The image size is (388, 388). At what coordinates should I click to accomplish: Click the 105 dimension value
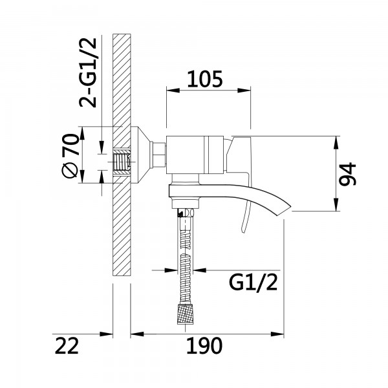pos(205,79)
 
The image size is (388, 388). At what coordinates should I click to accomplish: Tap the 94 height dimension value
pos(347,174)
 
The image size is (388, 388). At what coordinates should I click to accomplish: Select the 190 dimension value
pos(204,345)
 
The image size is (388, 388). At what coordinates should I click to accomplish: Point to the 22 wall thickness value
pos(67,345)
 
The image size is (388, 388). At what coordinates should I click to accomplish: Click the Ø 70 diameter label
pos(70,155)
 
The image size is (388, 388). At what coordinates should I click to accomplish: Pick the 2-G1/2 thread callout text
pos(87,72)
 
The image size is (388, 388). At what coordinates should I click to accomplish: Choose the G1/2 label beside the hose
pos(253,283)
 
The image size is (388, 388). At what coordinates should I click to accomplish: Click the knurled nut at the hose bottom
pos(185,314)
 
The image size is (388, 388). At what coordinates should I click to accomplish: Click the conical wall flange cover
pos(140,155)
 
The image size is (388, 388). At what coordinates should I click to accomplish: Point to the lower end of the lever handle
pos(244,231)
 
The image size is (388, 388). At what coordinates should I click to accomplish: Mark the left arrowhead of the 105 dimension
pos(173,91)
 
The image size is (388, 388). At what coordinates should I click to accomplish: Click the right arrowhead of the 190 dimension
pos(277,334)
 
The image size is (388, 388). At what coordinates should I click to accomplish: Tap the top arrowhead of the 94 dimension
pos(336,143)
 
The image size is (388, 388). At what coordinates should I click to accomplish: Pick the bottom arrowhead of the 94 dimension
pos(336,204)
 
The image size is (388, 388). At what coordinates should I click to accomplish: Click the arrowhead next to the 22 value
pos(106,334)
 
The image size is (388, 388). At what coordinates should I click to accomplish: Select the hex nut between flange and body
pos(158,155)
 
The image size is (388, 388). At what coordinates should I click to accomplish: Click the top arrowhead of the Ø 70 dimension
pos(82,134)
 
